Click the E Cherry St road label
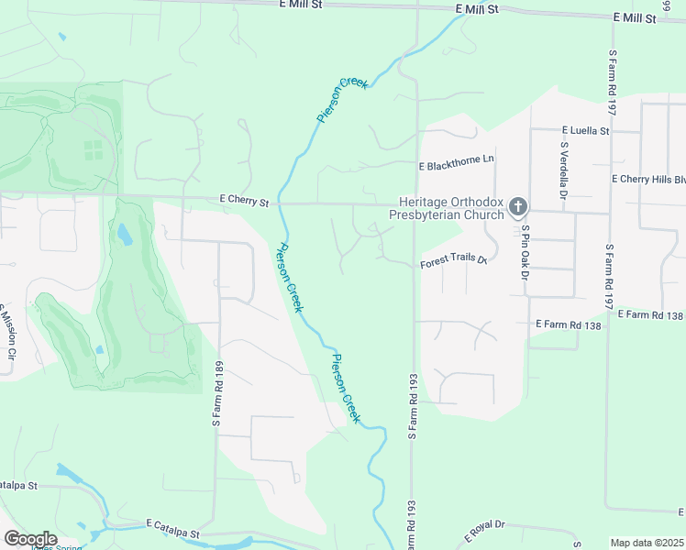pyautogui.click(x=244, y=201)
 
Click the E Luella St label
pyautogui.click(x=585, y=131)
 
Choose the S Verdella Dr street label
pyautogui.click(x=563, y=171)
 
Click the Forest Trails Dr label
pyautogui.click(x=452, y=262)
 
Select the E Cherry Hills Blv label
pyautogui.click(x=647, y=180)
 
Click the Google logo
pyautogui.click(x=30, y=538)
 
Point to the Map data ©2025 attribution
pyautogui.click(x=646, y=543)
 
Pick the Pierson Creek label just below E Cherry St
pyautogui.click(x=290, y=277)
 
